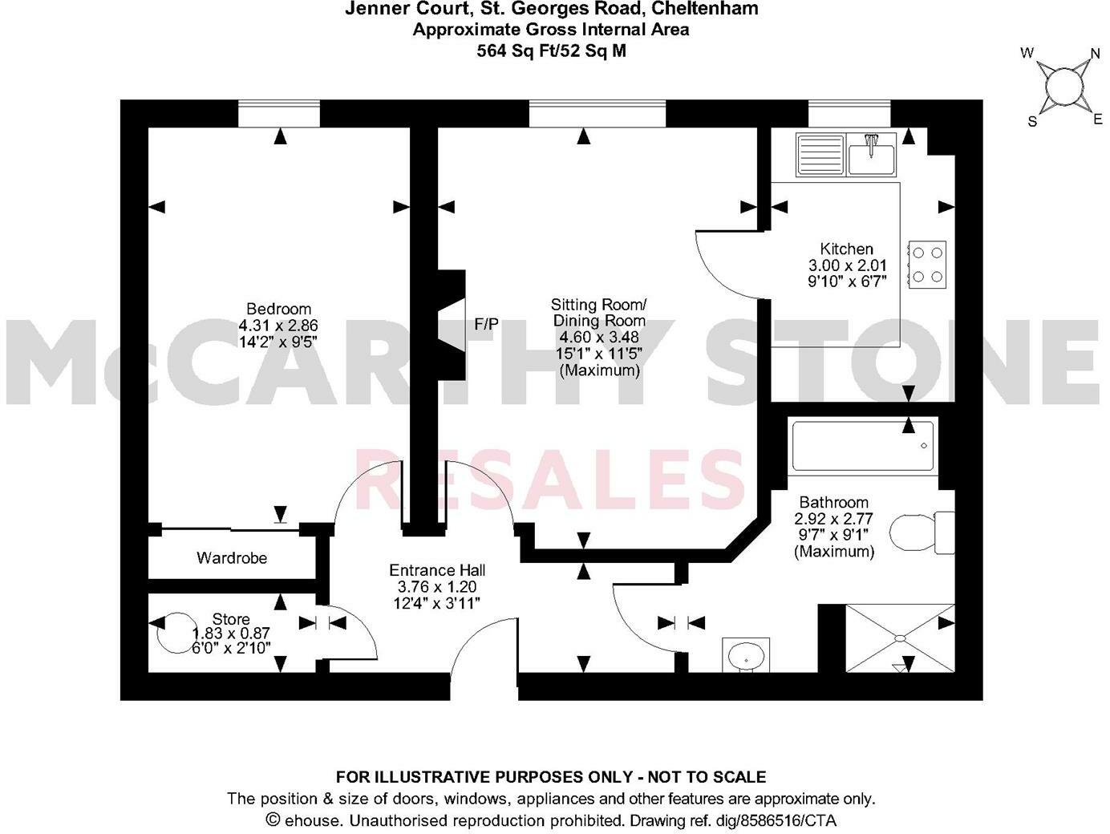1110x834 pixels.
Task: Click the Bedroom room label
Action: pyautogui.click(x=278, y=310)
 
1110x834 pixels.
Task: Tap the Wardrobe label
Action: pyautogui.click(x=232, y=558)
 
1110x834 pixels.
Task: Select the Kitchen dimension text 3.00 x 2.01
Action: pyautogui.click(x=846, y=265)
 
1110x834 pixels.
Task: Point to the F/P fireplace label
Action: pyautogui.click(x=487, y=325)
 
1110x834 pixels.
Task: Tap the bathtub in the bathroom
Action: pyautogui.click(x=863, y=446)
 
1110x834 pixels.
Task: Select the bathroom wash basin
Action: pyautogui.click(x=746, y=655)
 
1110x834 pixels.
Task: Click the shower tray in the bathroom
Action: pyautogui.click(x=901, y=638)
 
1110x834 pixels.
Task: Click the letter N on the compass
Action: pyautogui.click(x=1095, y=55)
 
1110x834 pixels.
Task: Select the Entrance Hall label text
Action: pyautogui.click(x=437, y=571)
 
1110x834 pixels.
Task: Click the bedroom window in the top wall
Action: pyautogui.click(x=278, y=114)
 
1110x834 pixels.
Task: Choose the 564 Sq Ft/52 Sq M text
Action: pyautogui.click(x=551, y=51)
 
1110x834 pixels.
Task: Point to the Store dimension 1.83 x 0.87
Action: pyautogui.click(x=231, y=633)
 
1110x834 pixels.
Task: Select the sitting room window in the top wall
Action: pyautogui.click(x=597, y=114)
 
